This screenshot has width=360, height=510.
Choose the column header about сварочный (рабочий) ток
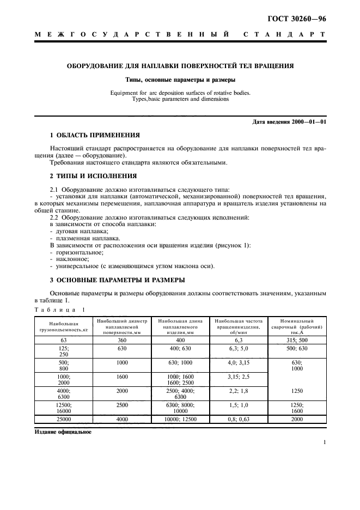[x=297, y=327]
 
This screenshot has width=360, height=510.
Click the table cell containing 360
[x=121, y=339]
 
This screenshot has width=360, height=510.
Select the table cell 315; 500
[x=297, y=339]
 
